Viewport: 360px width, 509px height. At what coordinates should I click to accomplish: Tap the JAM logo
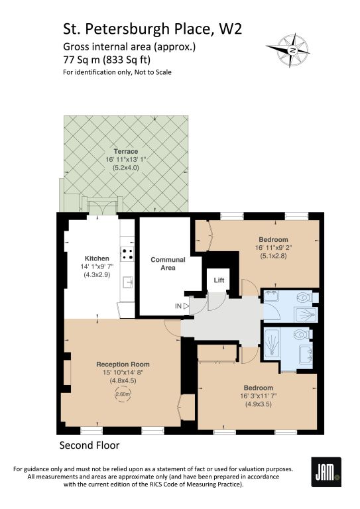[326, 472]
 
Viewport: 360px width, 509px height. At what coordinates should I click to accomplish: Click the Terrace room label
[125, 151]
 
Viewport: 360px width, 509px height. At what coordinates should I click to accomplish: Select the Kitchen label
[97, 258]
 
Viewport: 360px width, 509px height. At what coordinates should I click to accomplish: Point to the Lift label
[219, 280]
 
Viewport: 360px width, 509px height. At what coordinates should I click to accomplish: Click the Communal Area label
[168, 264]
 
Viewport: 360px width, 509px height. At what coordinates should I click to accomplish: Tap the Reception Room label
[123, 365]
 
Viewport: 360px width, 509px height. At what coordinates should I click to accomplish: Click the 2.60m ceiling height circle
[123, 394]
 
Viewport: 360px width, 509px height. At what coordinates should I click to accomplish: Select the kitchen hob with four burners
[127, 254]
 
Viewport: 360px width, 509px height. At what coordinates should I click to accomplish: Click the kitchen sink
[128, 282]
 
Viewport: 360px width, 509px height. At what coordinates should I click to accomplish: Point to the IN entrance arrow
[186, 306]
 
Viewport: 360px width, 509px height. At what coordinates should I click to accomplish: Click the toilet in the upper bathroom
[305, 297]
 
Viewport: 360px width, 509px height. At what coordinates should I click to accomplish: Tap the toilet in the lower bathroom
[303, 334]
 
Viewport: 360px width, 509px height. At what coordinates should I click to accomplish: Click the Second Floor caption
[90, 445]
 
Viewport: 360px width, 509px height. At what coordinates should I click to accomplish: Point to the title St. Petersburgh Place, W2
[152, 29]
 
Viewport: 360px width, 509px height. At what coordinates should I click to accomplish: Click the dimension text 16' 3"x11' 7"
[259, 396]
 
